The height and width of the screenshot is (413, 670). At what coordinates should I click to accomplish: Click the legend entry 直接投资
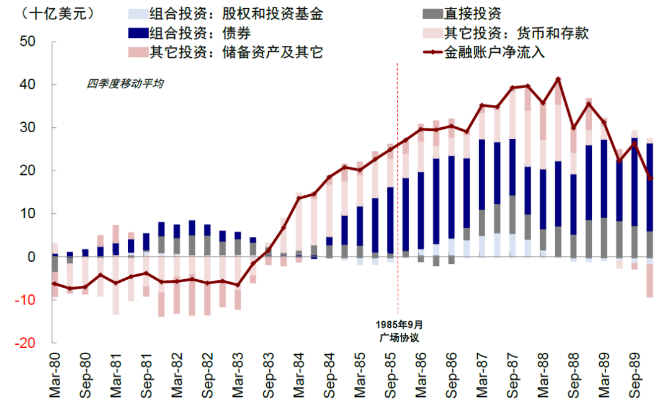tap(472, 14)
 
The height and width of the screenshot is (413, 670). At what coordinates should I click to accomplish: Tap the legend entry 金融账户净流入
tap(494, 52)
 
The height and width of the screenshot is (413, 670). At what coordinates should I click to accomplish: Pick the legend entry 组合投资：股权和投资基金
tap(236, 14)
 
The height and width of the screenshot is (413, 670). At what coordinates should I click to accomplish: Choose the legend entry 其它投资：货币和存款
tap(516, 33)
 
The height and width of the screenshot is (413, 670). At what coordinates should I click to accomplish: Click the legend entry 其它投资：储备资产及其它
tap(236, 52)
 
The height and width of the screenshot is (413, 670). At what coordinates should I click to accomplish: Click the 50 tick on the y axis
tap(29, 42)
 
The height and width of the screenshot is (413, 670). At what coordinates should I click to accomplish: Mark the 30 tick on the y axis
tap(29, 127)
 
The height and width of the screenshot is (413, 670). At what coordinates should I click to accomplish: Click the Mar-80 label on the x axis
tap(55, 376)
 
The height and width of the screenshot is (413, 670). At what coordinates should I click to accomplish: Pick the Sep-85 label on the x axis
tap(391, 376)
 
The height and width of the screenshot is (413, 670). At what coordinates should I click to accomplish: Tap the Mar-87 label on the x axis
tap(482, 376)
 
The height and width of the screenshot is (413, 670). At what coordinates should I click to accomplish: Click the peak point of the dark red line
tap(558, 79)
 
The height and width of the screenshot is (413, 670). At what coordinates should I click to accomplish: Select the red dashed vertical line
tap(397, 186)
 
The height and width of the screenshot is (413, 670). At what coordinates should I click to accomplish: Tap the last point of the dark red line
tap(649, 179)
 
